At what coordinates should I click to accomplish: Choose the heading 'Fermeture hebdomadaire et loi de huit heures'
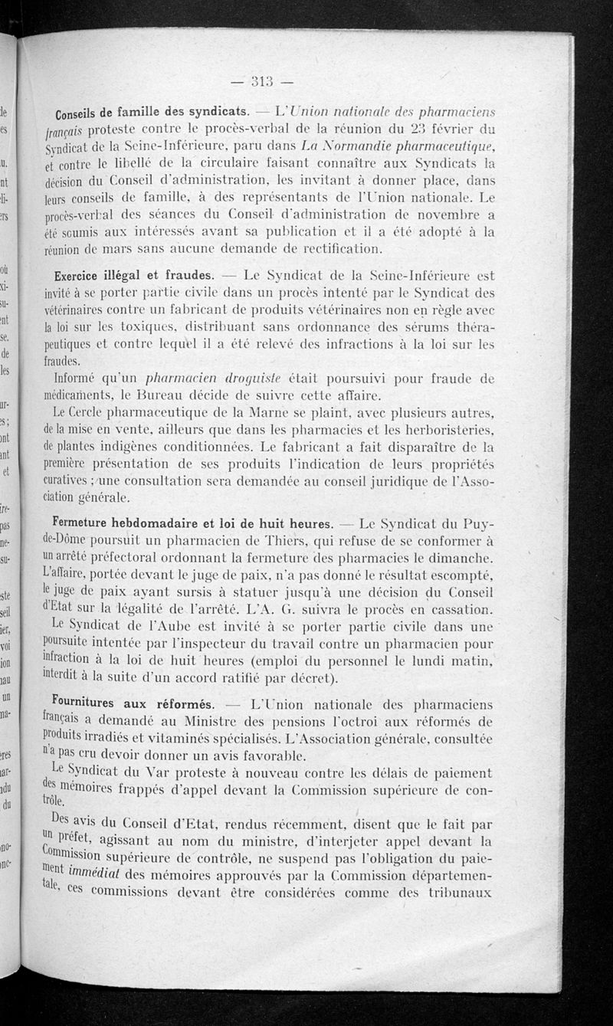[x=195, y=524]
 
